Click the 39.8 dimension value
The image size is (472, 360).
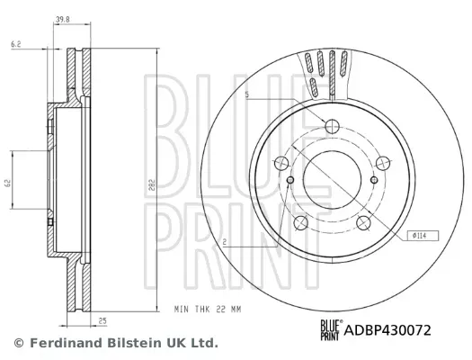click(63, 20)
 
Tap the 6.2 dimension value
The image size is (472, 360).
click(16, 44)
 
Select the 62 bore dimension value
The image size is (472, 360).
click(8, 183)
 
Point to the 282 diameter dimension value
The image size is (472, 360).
click(152, 185)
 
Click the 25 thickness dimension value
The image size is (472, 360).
click(102, 320)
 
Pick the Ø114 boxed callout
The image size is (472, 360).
click(423, 236)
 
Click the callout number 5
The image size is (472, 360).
click(247, 95)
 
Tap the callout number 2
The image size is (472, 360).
click(225, 242)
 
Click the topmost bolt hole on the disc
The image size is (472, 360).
click(332, 126)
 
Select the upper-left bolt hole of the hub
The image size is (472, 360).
click(281, 163)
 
